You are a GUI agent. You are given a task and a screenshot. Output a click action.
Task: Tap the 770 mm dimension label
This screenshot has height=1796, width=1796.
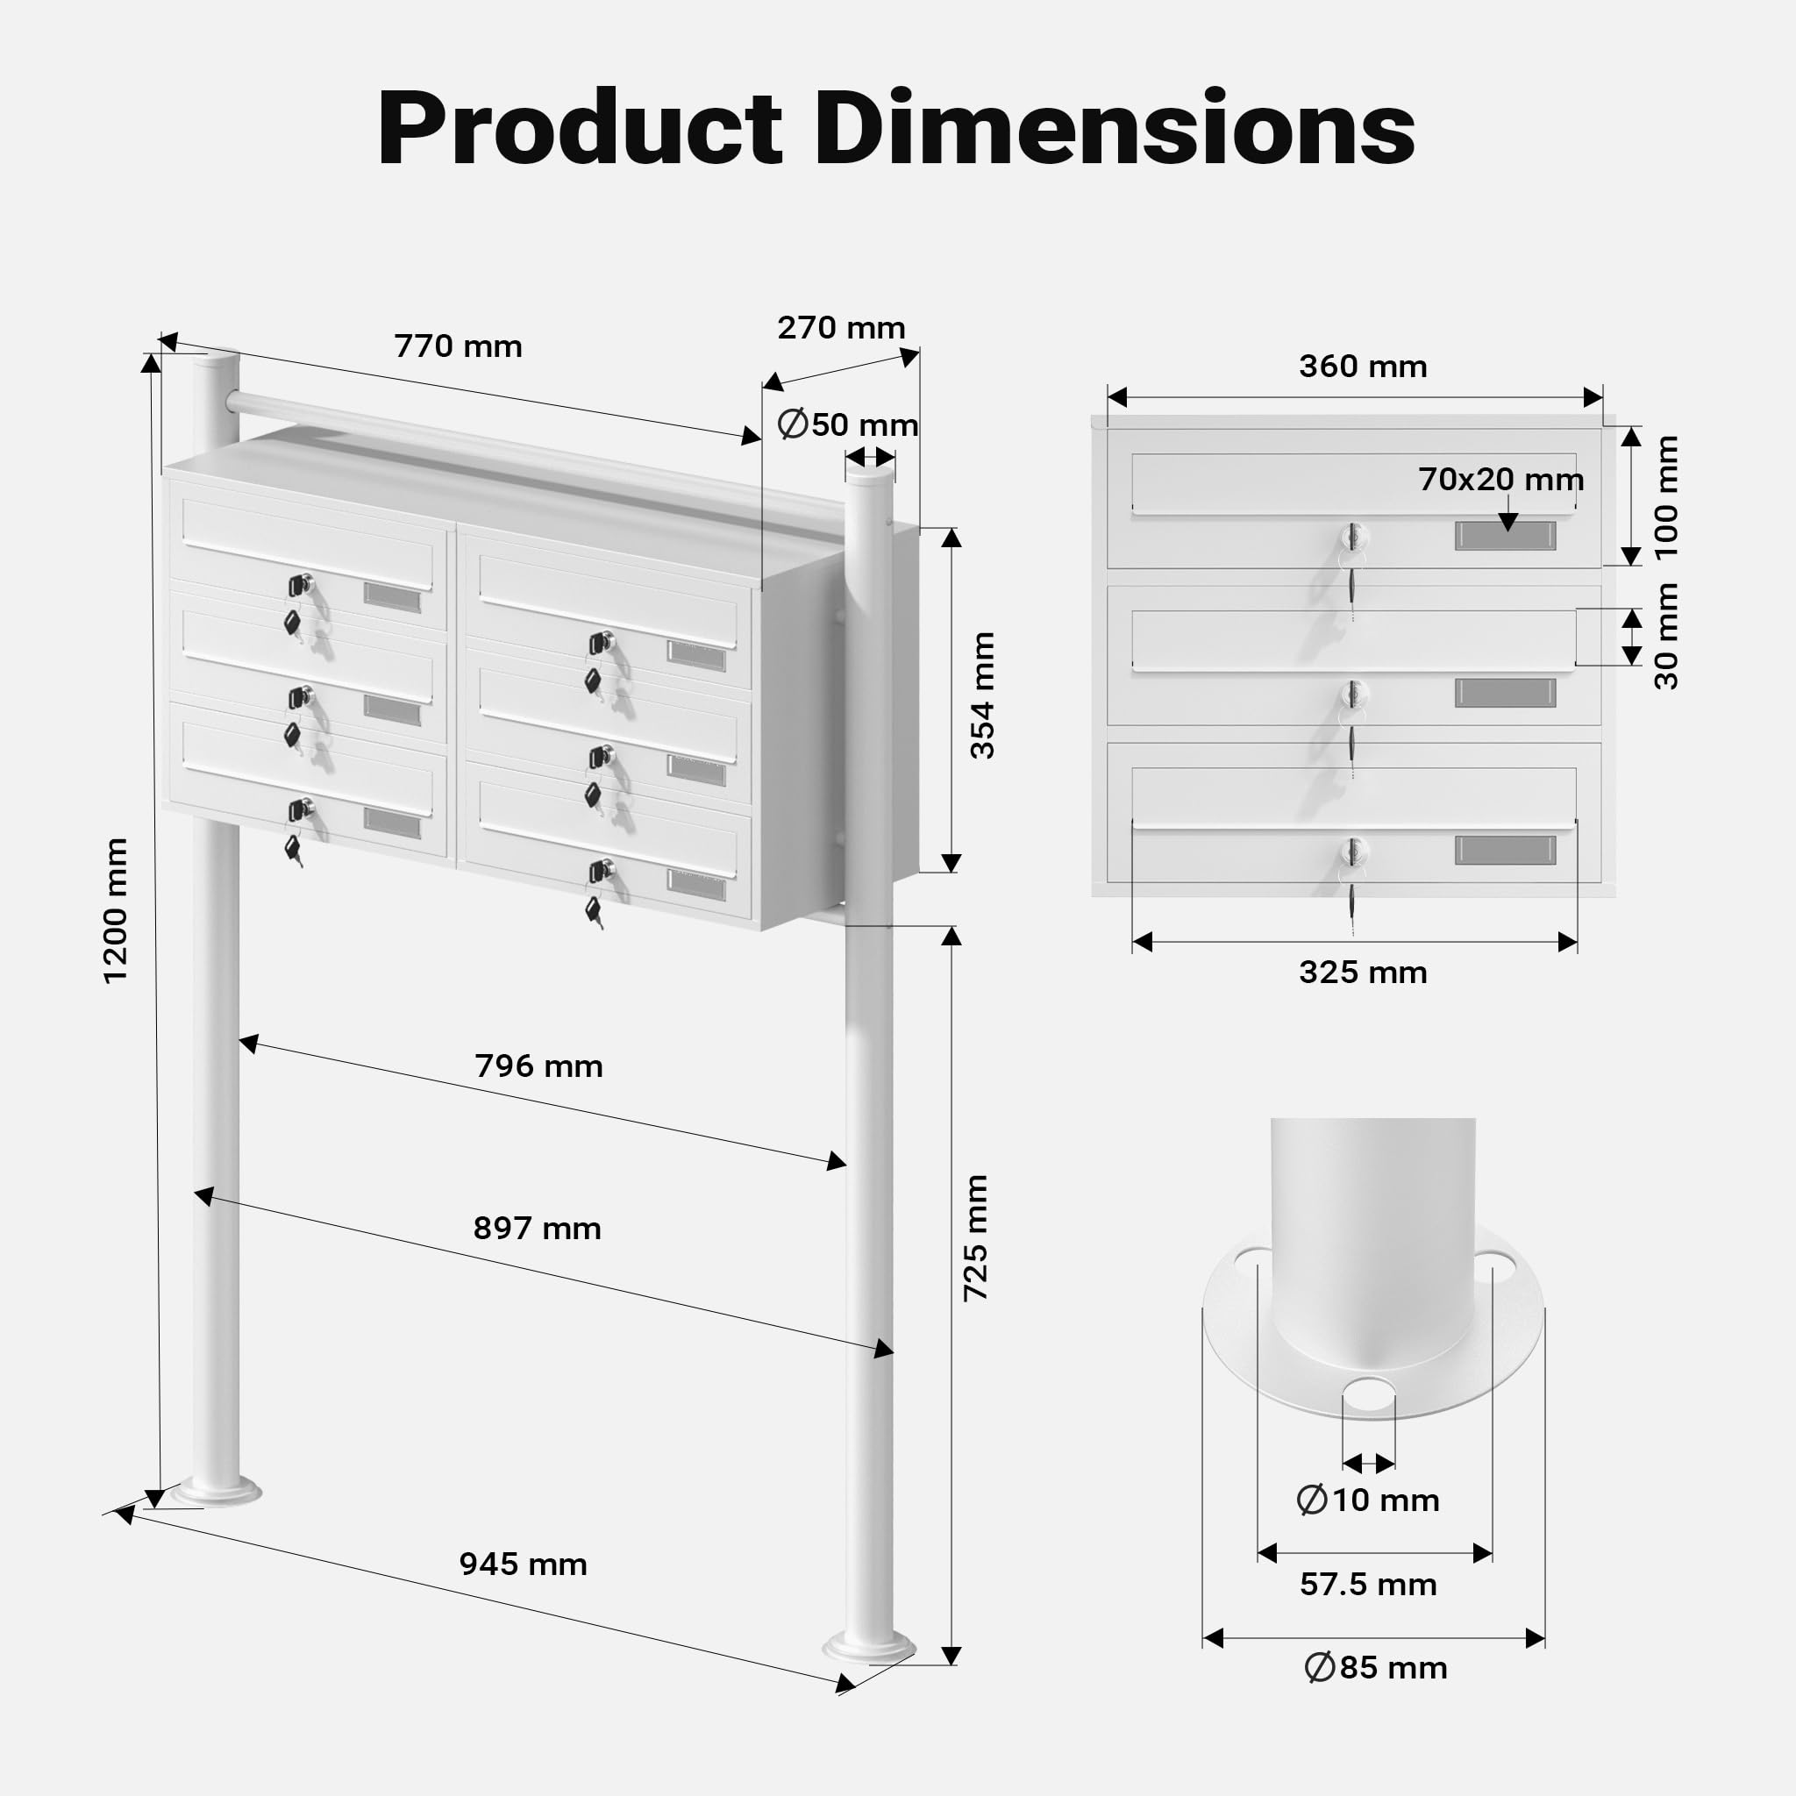(x=459, y=346)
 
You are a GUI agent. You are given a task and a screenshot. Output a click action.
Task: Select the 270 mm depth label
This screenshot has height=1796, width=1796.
(x=841, y=328)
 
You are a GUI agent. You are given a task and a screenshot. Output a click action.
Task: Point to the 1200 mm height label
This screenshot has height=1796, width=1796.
(x=115, y=910)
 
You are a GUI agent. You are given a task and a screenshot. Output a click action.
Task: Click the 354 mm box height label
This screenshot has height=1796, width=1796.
(x=982, y=695)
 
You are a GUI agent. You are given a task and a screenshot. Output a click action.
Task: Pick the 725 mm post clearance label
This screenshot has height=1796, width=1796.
(x=975, y=1237)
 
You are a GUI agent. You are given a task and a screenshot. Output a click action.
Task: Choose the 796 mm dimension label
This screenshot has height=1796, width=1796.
(x=539, y=1066)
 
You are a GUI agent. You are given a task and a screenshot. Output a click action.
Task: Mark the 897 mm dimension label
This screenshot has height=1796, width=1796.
(x=538, y=1229)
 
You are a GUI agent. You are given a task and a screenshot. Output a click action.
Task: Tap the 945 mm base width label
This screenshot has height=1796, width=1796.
(x=524, y=1564)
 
